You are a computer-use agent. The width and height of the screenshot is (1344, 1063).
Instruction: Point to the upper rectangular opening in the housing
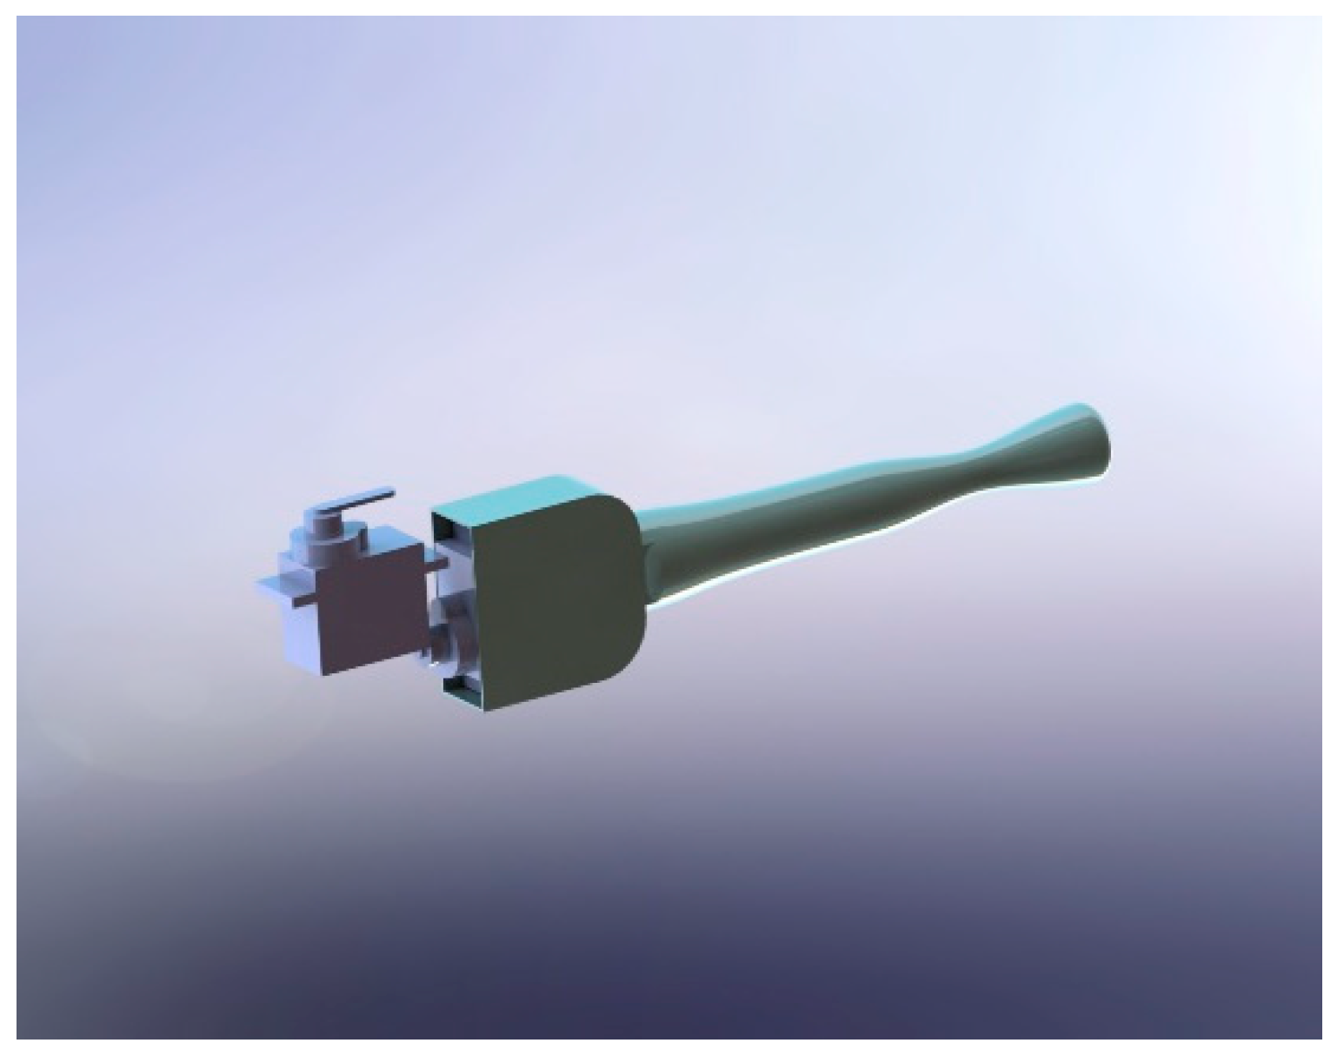coord(452,535)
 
